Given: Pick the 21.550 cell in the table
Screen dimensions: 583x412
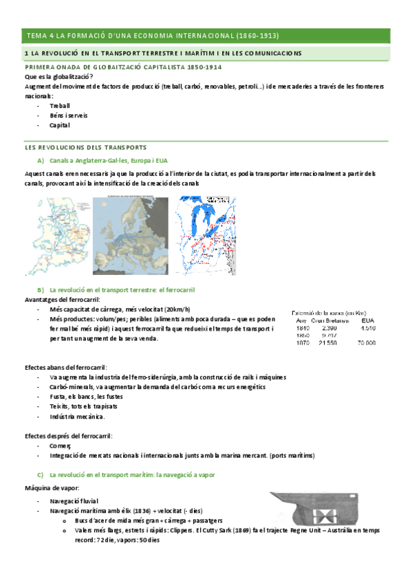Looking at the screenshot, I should point(327,342).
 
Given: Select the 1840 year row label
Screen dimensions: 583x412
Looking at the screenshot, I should point(302,328).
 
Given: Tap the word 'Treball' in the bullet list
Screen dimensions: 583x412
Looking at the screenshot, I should point(59,107).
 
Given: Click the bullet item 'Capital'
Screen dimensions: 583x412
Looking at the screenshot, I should point(59,126).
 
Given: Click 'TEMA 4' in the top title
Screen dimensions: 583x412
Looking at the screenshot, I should point(39,36).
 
